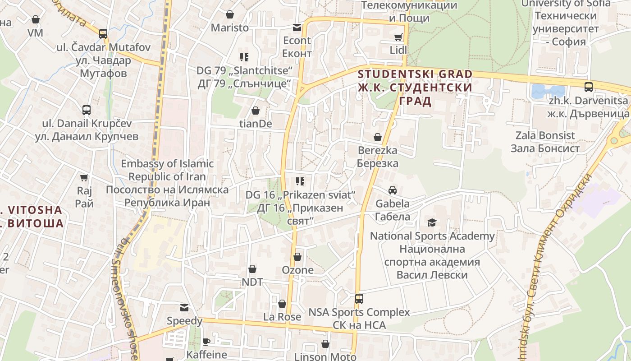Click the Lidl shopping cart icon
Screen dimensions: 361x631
(398, 37)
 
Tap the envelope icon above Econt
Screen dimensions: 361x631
(297, 28)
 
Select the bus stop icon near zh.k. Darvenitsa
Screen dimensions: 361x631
(588, 87)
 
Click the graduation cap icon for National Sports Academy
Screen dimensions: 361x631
(432, 222)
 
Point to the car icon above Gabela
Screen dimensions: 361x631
(393, 190)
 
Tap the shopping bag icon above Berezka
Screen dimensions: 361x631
(378, 137)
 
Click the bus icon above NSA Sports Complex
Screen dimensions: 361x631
(359, 298)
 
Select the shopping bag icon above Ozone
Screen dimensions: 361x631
(297, 257)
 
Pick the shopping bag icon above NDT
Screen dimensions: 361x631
(252, 269)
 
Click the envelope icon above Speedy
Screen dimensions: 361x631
(184, 308)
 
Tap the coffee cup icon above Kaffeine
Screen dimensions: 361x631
(206, 341)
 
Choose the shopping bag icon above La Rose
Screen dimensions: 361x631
(282, 304)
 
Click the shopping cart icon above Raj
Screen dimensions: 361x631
(84, 177)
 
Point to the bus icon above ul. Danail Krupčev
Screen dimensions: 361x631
(87, 110)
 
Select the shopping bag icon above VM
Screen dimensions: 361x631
(35, 19)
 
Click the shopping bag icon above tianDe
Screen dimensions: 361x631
(256, 111)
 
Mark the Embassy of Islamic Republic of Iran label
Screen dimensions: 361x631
(167, 183)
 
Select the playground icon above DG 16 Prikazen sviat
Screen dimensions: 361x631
(300, 181)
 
